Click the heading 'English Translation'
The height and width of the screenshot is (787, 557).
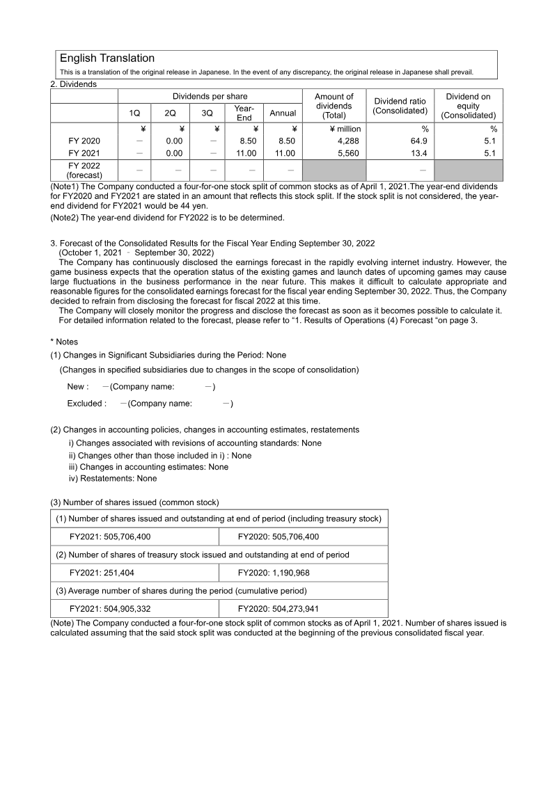click(x=107, y=58)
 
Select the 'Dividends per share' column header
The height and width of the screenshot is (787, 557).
click(x=210, y=96)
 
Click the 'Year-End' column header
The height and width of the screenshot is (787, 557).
click(x=244, y=113)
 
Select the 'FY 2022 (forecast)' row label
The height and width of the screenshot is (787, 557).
click(x=84, y=170)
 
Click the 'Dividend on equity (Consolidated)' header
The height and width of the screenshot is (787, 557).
click(x=468, y=106)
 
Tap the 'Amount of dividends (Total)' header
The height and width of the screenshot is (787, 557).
click(x=334, y=106)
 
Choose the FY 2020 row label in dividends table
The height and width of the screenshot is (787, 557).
click(x=84, y=141)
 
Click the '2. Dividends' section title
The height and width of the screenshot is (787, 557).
click(x=74, y=84)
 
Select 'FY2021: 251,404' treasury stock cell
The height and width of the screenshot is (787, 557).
click(x=110, y=573)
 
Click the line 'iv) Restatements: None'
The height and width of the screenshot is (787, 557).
click(x=113, y=479)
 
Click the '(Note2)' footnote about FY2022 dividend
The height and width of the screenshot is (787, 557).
click(x=167, y=218)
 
